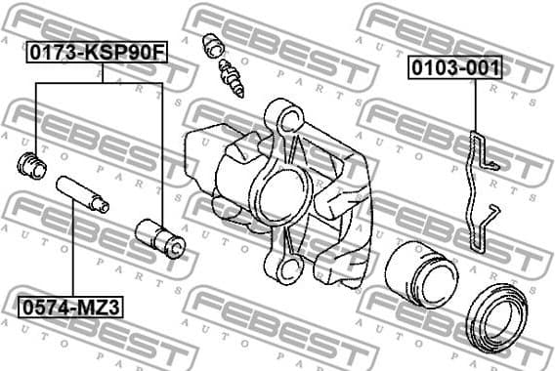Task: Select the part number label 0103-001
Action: (455, 67)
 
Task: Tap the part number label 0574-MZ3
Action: (68, 307)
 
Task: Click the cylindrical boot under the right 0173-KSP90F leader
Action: (159, 238)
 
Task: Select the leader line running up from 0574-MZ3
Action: (70, 254)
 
